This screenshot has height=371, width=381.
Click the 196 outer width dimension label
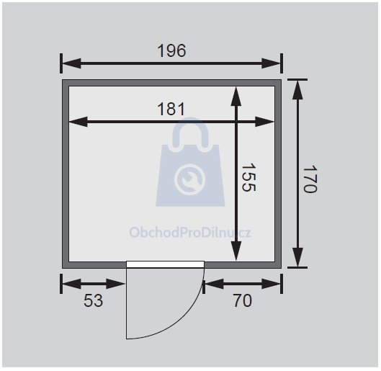(x=171, y=50)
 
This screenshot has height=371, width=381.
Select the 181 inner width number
(x=171, y=109)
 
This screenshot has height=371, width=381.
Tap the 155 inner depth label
(x=248, y=177)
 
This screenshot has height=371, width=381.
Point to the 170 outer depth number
(x=310, y=179)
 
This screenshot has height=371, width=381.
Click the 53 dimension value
(x=94, y=300)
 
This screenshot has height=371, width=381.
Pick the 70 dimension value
(x=243, y=300)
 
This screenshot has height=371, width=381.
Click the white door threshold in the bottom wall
(x=165, y=264)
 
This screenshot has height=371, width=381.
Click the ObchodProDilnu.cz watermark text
(x=190, y=232)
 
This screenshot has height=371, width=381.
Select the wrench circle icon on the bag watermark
(x=189, y=179)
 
